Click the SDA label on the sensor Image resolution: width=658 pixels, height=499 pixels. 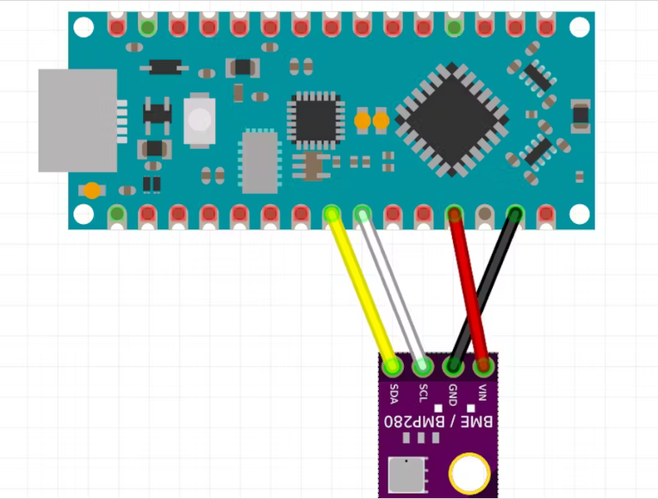(394, 394)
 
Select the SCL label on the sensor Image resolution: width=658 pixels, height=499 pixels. (423, 394)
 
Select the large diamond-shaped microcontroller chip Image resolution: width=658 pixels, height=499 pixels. (451, 120)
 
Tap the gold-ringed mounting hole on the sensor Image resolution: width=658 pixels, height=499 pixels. (470, 473)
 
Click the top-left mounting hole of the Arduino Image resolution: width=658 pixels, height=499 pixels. (84, 28)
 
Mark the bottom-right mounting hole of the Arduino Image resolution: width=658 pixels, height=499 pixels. (579, 213)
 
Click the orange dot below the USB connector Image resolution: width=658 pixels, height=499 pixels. (90, 190)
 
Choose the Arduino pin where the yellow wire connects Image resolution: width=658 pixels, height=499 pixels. (332, 213)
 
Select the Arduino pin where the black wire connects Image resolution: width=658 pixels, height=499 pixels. (515, 213)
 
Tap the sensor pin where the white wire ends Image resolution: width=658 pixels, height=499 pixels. (422, 367)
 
